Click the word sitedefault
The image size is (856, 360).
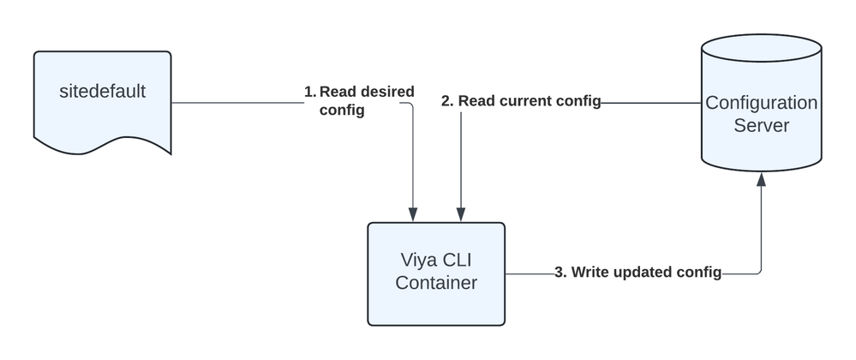103,90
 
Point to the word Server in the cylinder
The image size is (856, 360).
761,126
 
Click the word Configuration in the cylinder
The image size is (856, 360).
761,103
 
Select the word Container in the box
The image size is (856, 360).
436,283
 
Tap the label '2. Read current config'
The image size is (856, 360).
520,101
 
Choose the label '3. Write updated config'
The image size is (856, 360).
638,273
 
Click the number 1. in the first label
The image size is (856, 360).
309,91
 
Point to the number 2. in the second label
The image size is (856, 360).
446,101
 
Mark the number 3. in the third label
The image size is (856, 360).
560,273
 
